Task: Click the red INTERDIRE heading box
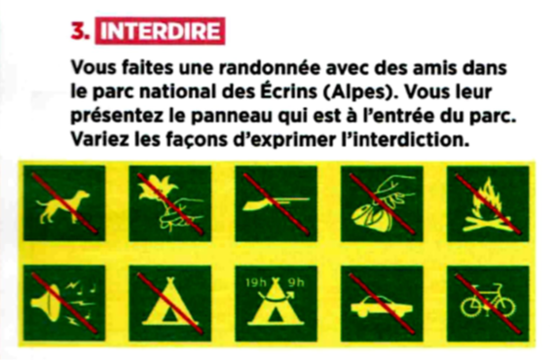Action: point(160,31)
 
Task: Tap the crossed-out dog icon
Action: point(64,203)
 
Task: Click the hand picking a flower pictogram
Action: point(169,203)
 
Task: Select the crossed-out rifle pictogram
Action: point(277,203)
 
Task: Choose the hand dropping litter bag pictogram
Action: point(382,203)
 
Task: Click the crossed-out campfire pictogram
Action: point(488,203)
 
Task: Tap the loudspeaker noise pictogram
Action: point(64,303)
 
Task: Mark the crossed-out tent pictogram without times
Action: point(169,303)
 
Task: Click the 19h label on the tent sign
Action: point(256,282)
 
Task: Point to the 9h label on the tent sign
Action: point(296,282)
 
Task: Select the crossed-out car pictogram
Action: point(382,303)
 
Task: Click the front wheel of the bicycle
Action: point(504,306)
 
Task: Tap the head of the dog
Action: point(83,195)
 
